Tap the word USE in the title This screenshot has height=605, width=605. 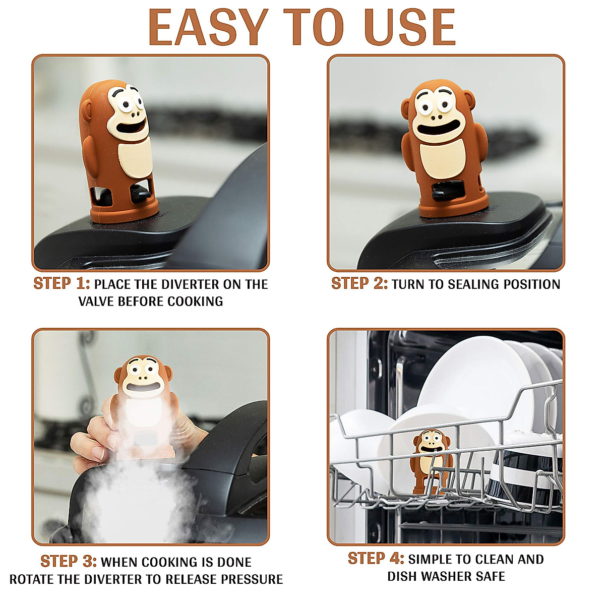coord(410,27)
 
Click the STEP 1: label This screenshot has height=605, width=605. coord(62,283)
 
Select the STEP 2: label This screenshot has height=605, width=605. coord(359,283)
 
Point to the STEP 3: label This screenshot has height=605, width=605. coord(69,562)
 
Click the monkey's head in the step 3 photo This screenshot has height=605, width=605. coord(143,375)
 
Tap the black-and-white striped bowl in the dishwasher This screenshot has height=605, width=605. coord(524,477)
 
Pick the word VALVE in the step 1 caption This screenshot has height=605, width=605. coord(96,301)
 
